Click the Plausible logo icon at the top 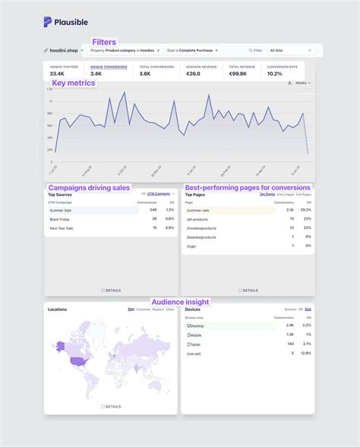[48, 21]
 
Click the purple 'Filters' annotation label [104, 42]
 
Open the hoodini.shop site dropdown [64, 51]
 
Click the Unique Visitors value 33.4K [57, 74]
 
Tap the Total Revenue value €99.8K [239, 74]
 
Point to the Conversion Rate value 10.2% [275, 74]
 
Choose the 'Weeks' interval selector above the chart [301, 83]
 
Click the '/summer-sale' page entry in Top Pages [199, 211]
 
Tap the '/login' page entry [191, 246]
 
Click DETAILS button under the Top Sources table [111, 290]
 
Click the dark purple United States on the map [76, 360]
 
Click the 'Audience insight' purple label [180, 302]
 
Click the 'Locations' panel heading [57, 309]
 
